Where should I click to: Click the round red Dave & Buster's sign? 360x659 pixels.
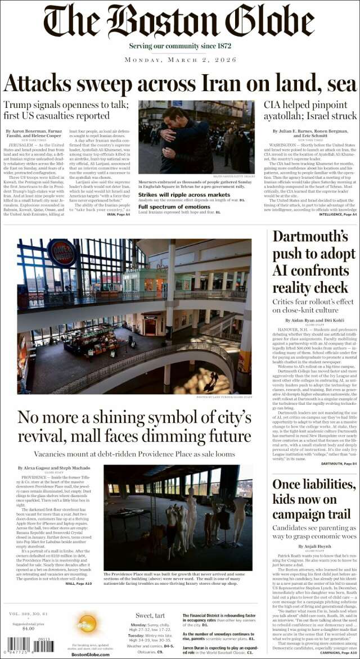click(x=62, y=252)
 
